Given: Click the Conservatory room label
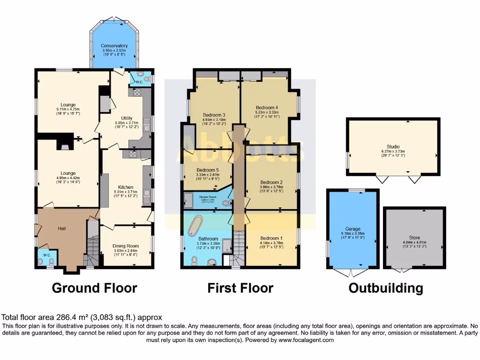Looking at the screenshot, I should pyautogui.click(x=114, y=46).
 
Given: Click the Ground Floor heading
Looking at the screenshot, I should pyautogui.click(x=94, y=288).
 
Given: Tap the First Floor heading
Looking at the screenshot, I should pyautogui.click(x=240, y=288).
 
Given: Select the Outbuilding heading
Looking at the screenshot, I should pyautogui.click(x=385, y=288).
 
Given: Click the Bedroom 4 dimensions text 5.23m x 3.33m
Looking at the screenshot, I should pyautogui.click(x=267, y=112).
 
